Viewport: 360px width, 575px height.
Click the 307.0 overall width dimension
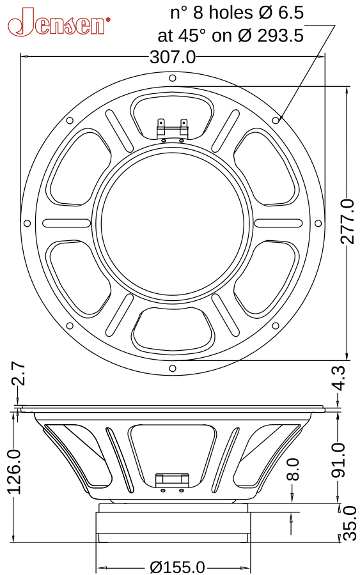pos(173,57)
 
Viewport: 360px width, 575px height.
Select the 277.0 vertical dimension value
pos(347,222)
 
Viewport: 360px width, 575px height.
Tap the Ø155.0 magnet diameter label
pos(177,567)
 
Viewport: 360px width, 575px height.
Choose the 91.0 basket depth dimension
pos(338,460)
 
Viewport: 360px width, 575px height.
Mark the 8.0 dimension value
pos(292,469)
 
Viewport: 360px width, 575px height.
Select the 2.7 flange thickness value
pos(17,374)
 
